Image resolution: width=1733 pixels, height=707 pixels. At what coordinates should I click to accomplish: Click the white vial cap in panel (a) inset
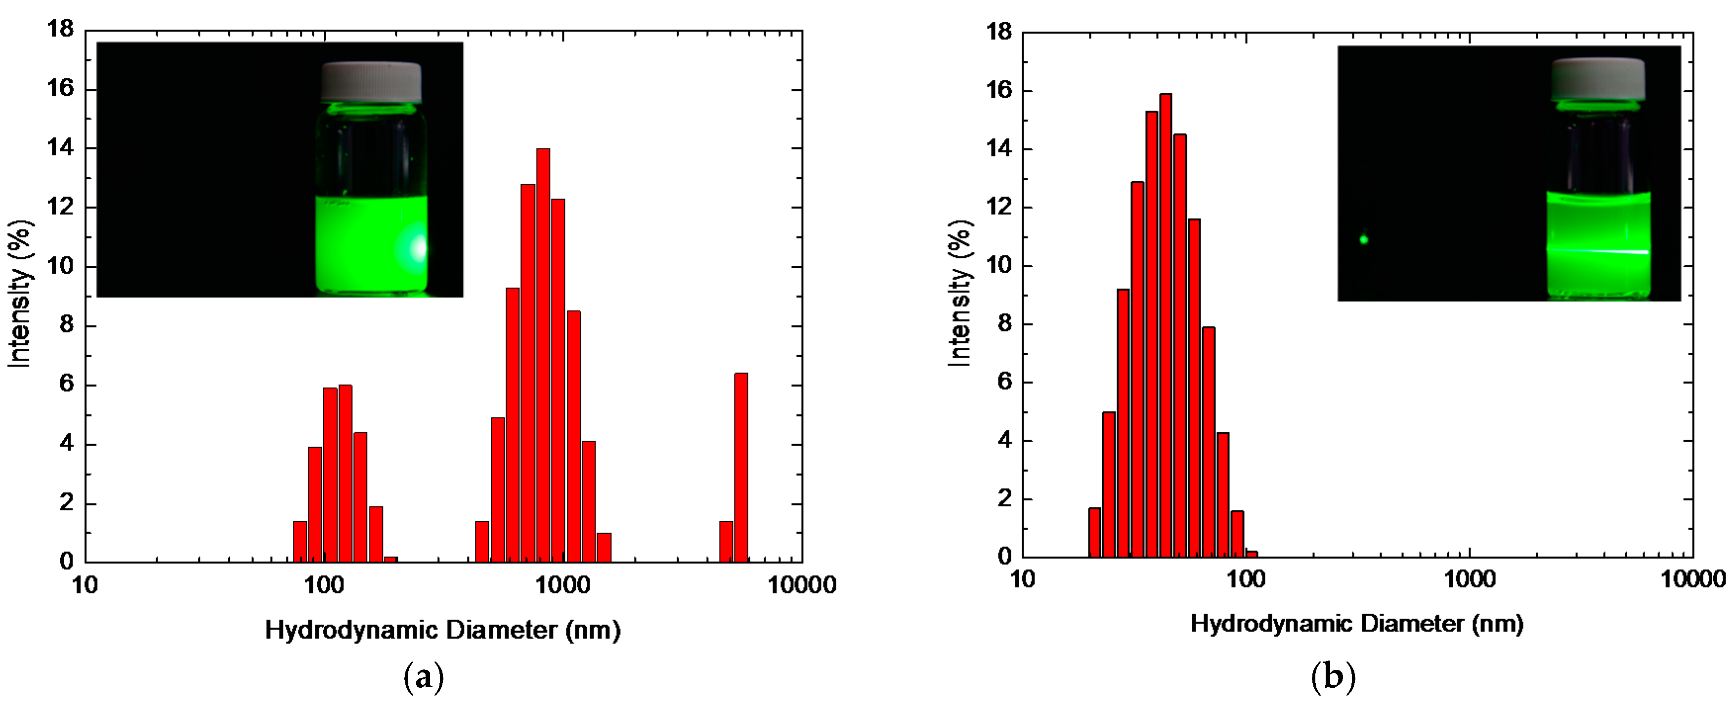[x=371, y=82]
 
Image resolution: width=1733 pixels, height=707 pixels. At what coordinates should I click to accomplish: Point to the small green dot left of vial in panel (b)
[x=1364, y=240]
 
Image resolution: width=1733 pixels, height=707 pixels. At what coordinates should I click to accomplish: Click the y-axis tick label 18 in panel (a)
[x=60, y=29]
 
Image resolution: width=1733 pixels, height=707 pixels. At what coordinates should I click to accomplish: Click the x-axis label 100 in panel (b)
[x=1246, y=579]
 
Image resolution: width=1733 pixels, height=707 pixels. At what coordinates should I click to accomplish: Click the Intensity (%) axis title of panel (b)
[x=960, y=293]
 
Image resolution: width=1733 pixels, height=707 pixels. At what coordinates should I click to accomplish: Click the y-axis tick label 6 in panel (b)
[x=1004, y=382]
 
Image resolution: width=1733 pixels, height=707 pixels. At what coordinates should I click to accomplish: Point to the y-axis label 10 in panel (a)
[x=60, y=266]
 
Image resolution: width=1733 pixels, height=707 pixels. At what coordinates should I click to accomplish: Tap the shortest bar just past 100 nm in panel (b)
[x=1252, y=554]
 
